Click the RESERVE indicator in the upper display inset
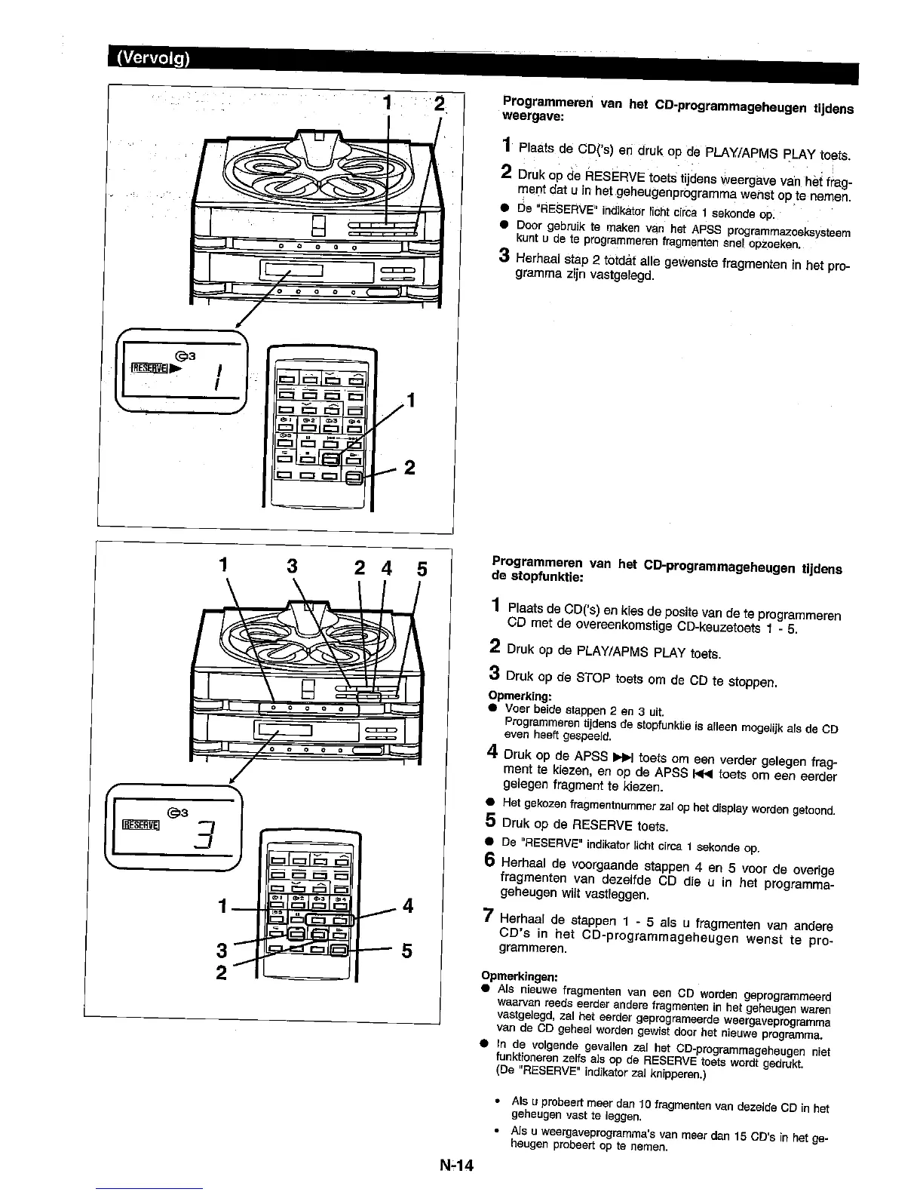click(149, 368)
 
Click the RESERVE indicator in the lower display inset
click(138, 823)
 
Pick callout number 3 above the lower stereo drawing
click(293, 567)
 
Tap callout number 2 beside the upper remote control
click(409, 468)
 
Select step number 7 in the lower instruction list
click(489, 917)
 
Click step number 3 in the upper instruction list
click(504, 257)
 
